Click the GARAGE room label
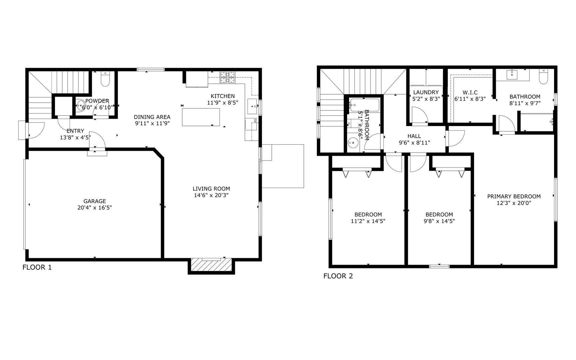[x=95, y=201]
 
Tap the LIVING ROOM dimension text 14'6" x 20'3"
[x=211, y=195]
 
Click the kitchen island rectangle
[x=201, y=117]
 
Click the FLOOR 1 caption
[x=37, y=267]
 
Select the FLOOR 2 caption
[x=338, y=276]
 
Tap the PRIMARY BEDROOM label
[x=514, y=196]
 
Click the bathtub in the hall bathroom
[x=364, y=105]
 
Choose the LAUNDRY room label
[x=426, y=92]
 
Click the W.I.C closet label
[x=470, y=92]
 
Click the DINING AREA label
[x=152, y=117]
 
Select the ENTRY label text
[x=75, y=131]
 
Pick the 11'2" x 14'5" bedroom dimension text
[x=368, y=221]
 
